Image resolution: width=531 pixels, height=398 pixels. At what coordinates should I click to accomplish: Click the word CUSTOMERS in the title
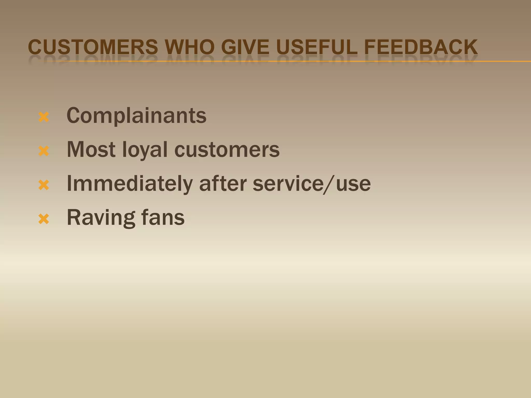click(x=93, y=47)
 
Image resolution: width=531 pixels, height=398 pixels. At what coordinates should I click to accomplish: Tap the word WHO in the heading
click(x=190, y=47)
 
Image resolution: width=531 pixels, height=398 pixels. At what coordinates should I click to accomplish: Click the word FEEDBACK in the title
click(x=421, y=47)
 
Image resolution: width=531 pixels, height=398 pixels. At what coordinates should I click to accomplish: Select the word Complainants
click(x=136, y=116)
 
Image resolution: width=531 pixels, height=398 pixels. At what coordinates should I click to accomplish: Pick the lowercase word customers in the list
click(x=227, y=150)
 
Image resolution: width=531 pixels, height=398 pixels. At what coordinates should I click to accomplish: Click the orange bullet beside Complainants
click(x=44, y=117)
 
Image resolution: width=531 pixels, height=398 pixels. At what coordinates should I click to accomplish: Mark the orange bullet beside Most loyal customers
click(x=44, y=151)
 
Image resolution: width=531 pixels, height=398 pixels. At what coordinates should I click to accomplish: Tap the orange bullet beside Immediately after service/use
click(x=44, y=185)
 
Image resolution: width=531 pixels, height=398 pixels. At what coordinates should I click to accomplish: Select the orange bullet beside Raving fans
click(x=44, y=219)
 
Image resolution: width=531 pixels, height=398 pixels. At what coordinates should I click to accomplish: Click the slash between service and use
click(x=329, y=184)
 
